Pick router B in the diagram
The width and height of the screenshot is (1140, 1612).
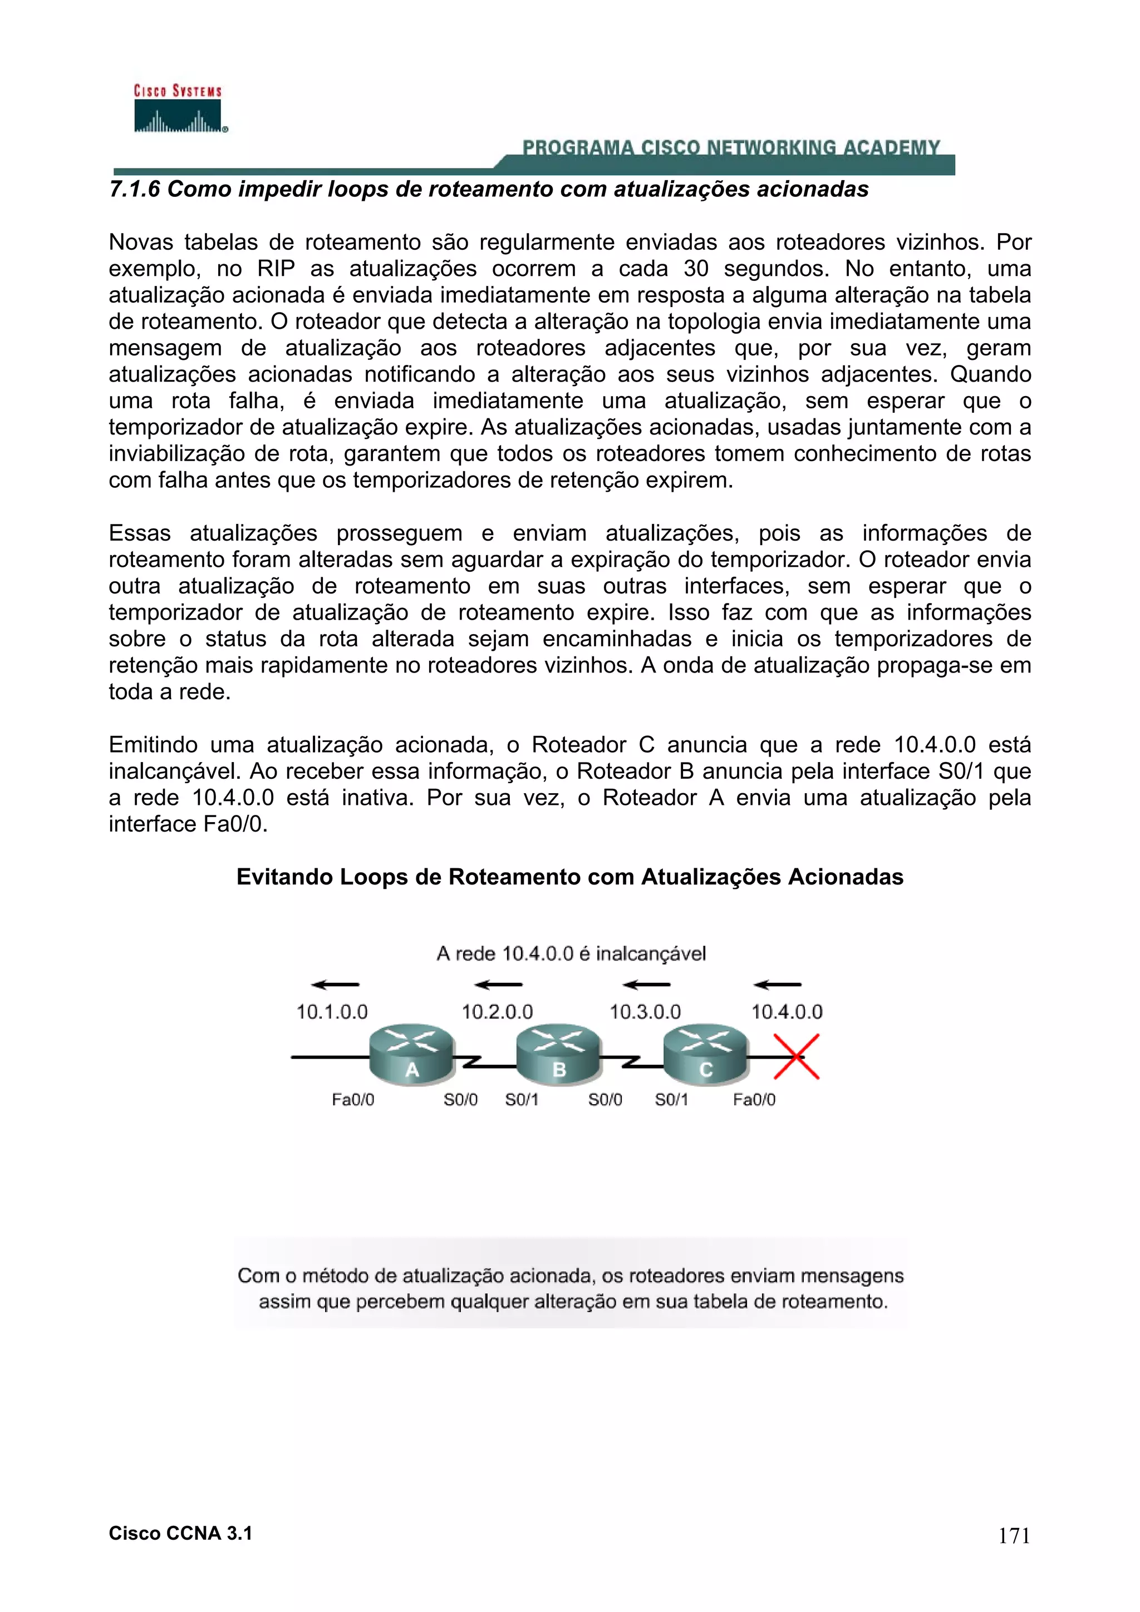(559, 1053)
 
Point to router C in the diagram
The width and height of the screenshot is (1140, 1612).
(706, 1053)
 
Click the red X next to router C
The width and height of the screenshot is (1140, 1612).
(797, 1056)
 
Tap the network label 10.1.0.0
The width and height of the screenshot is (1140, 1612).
(332, 1012)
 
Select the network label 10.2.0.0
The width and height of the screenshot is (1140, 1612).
(497, 1012)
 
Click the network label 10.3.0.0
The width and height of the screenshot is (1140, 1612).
(645, 1012)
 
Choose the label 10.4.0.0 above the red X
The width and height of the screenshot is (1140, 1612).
(787, 1012)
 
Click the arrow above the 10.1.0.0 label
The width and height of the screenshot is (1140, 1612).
(335, 985)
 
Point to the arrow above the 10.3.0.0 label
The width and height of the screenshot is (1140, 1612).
(646, 985)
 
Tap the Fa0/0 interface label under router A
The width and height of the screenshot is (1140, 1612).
(352, 1100)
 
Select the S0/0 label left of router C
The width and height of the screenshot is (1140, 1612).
(605, 1100)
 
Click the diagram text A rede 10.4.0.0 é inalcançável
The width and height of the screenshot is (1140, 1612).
(571, 953)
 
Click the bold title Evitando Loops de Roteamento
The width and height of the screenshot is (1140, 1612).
(569, 877)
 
